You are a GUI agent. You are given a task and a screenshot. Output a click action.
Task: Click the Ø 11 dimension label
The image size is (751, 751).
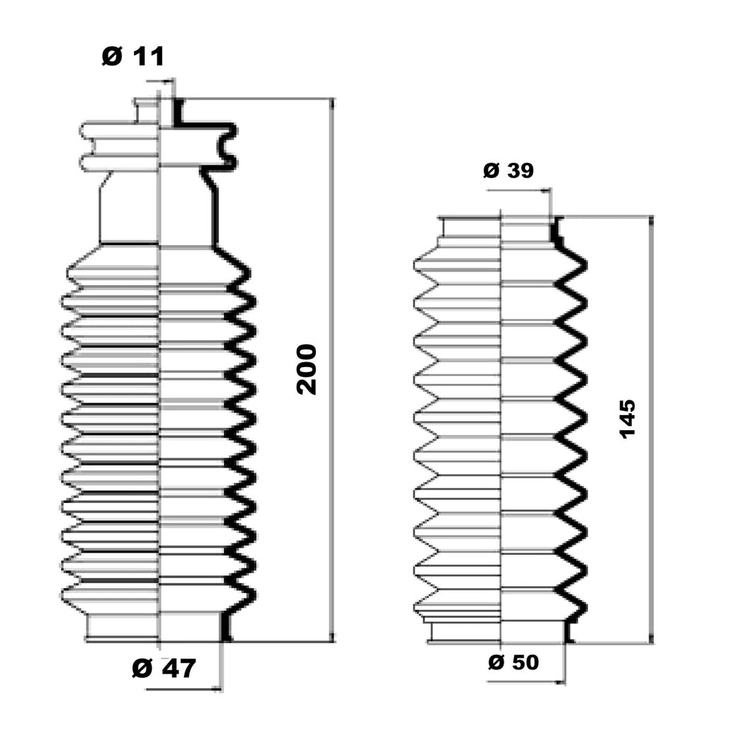[132, 57]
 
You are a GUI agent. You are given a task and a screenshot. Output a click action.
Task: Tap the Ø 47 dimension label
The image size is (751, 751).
[164, 668]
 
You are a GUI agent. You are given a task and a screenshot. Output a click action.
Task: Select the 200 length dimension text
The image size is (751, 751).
[307, 369]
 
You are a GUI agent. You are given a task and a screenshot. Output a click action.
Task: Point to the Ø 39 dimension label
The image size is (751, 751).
[508, 170]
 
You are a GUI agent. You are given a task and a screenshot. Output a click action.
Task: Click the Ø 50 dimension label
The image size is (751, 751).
[514, 662]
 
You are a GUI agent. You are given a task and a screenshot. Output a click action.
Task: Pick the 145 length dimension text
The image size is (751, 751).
[628, 419]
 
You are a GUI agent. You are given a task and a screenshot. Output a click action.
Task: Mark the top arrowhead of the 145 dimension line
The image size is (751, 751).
[651, 221]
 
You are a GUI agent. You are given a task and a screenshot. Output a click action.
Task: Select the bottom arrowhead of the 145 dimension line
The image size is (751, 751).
[651, 638]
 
